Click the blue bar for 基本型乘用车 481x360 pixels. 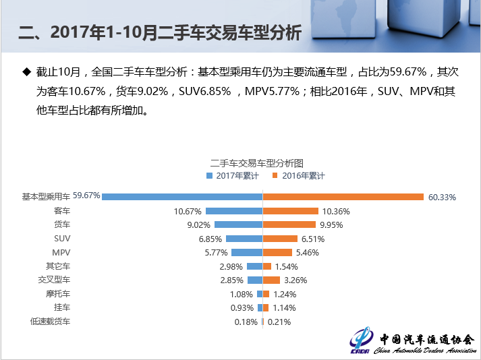coord(182,197)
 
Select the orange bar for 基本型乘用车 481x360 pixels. coord(343,197)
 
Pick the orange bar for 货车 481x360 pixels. coord(289,224)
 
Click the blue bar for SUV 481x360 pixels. coord(244,239)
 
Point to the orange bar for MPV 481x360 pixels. coord(277,252)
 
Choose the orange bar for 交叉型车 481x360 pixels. coord(271,280)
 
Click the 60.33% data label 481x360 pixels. coord(443,198)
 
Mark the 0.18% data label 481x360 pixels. coord(246,322)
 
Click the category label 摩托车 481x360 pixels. coord(57,294)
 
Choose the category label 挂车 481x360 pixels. coord(61,307)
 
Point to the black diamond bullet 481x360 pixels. coord(27,71)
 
